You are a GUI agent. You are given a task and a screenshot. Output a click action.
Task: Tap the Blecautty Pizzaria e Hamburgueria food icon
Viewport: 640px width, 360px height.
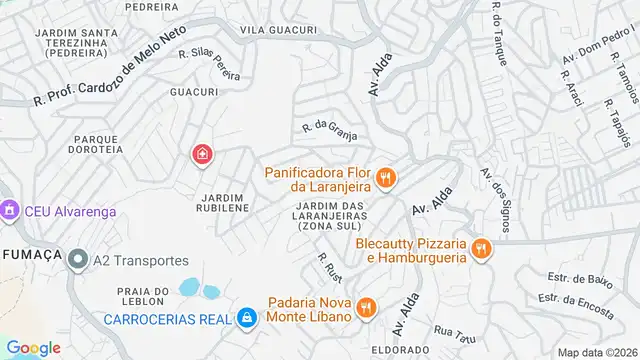coord(482,249)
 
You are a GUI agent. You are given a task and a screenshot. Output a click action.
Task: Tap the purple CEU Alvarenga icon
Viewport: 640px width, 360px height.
coord(10,211)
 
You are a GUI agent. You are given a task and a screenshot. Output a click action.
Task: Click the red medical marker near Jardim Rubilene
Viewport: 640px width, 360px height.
coord(202,154)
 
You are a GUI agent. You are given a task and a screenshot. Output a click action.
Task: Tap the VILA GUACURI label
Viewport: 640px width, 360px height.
coord(279,30)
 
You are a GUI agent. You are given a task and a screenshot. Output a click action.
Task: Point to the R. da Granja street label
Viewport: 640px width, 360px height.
coord(330,128)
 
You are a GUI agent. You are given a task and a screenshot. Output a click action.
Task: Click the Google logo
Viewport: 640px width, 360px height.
coord(33,347)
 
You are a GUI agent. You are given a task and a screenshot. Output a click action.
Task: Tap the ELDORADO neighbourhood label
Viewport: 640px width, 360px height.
coord(394,351)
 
